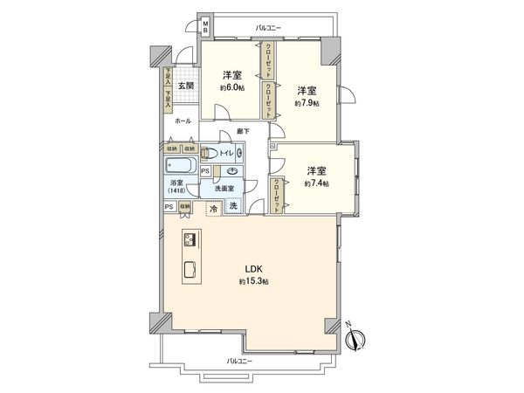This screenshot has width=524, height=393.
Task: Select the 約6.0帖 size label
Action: pyautogui.click(x=231, y=87)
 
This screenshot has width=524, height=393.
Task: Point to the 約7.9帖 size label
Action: pyautogui.click(x=307, y=103)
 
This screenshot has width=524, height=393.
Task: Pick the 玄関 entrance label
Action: pyautogui.click(x=185, y=86)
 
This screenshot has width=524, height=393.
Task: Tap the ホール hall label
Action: pyautogui.click(x=183, y=121)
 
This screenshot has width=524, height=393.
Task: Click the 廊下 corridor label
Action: pyautogui.click(x=243, y=132)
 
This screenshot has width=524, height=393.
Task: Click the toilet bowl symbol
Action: pyautogui.click(x=207, y=154)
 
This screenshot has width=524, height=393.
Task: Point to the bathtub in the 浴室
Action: pyautogui.click(x=180, y=165)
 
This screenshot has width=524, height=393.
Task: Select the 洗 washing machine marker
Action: pyautogui.click(x=234, y=206)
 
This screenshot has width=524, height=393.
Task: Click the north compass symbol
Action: pyautogui.click(x=360, y=335)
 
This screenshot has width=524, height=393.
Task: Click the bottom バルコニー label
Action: pyautogui.click(x=238, y=361)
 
